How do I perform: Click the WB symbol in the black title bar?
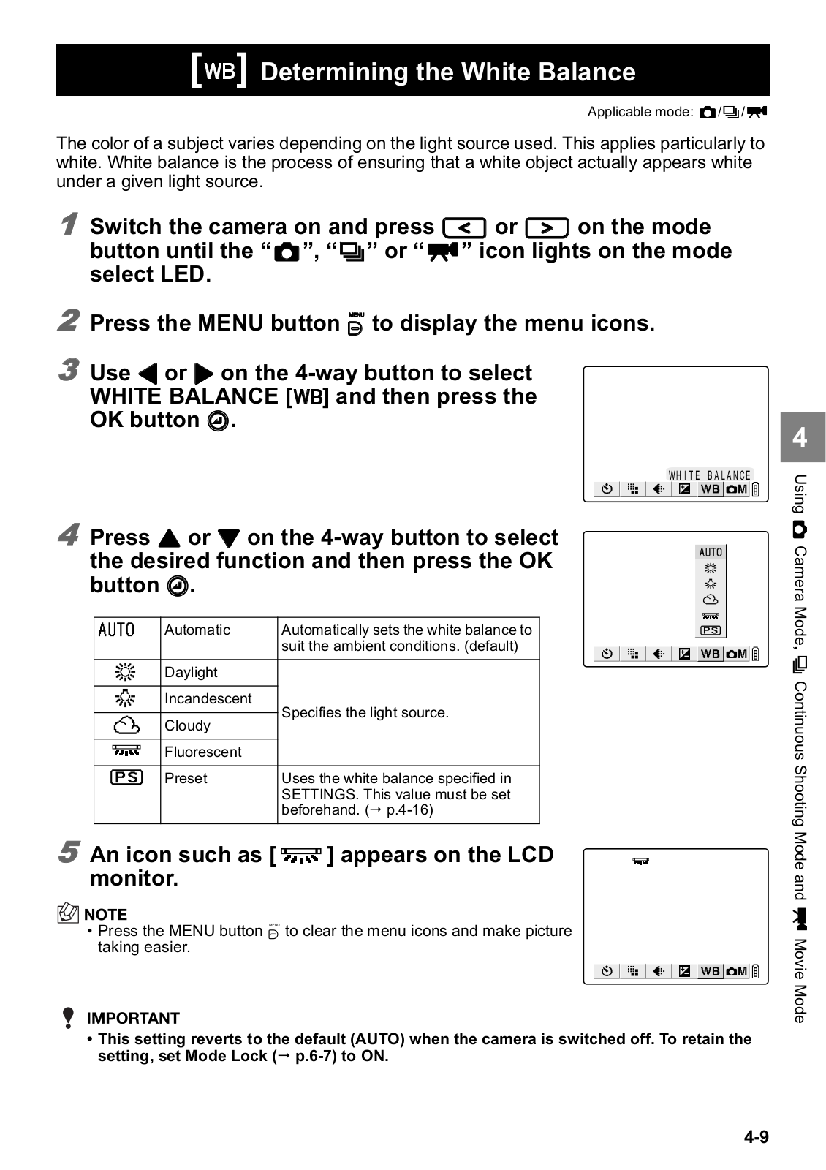[x=219, y=71]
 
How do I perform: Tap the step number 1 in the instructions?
[x=69, y=224]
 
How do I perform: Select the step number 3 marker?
[x=69, y=369]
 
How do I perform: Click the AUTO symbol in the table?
[x=117, y=630]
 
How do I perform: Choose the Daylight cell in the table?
[x=191, y=672]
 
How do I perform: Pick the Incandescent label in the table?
[x=208, y=698]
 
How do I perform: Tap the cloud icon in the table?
[x=126, y=725]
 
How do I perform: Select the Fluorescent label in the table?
[x=203, y=752]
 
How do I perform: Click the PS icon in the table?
[x=126, y=777]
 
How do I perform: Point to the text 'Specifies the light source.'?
[x=365, y=712]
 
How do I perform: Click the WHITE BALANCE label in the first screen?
[x=709, y=475]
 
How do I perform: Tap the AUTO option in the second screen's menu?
[x=711, y=553]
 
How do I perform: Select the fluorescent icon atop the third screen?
[x=640, y=862]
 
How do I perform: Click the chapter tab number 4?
[x=800, y=437]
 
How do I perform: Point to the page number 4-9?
[x=757, y=1136]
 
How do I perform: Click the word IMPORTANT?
[x=133, y=1018]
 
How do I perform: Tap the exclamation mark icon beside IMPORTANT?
[x=68, y=1018]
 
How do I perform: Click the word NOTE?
[x=105, y=914]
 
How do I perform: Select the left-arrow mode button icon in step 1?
[x=464, y=227]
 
